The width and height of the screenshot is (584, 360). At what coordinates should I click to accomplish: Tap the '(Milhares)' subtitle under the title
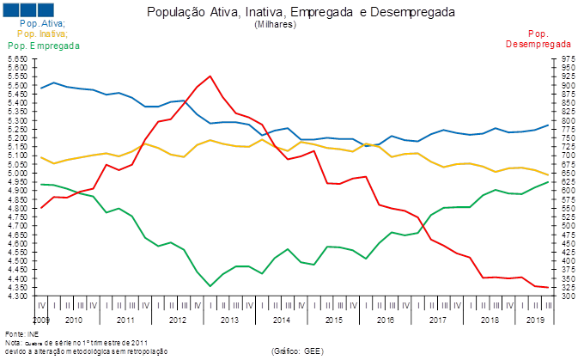point(276,25)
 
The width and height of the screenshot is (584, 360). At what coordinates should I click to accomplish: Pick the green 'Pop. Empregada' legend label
point(36,44)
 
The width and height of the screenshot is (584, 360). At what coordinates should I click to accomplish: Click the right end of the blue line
point(548,126)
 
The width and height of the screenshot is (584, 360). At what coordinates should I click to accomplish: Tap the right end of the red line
point(548,287)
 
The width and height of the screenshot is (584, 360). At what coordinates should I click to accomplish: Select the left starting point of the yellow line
point(41,157)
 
